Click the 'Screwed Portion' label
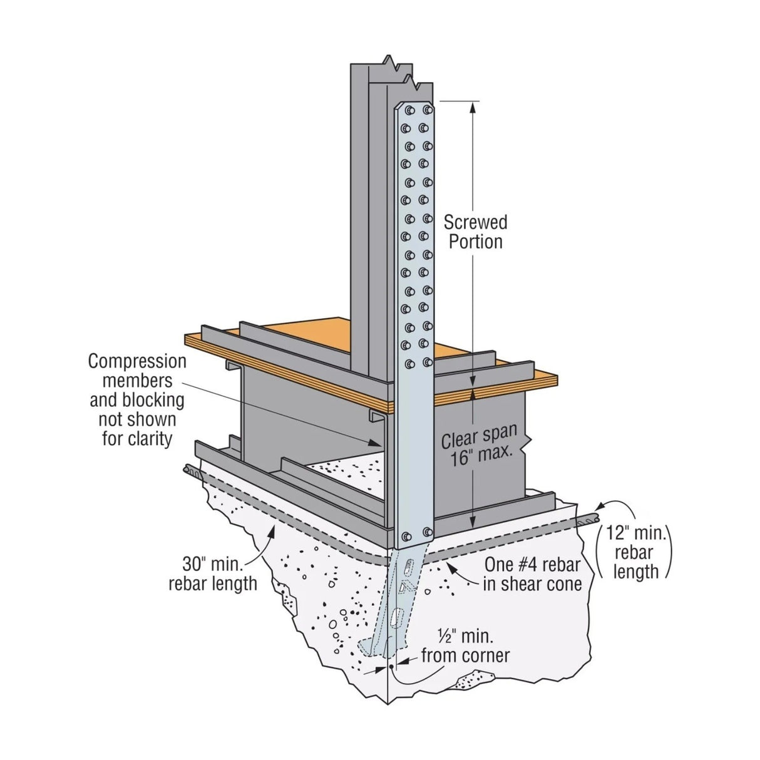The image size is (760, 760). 476,232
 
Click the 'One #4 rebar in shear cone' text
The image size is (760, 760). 532,574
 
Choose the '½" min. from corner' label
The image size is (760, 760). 465,646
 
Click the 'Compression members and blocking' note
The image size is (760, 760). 138,399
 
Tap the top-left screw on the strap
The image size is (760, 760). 409,111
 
